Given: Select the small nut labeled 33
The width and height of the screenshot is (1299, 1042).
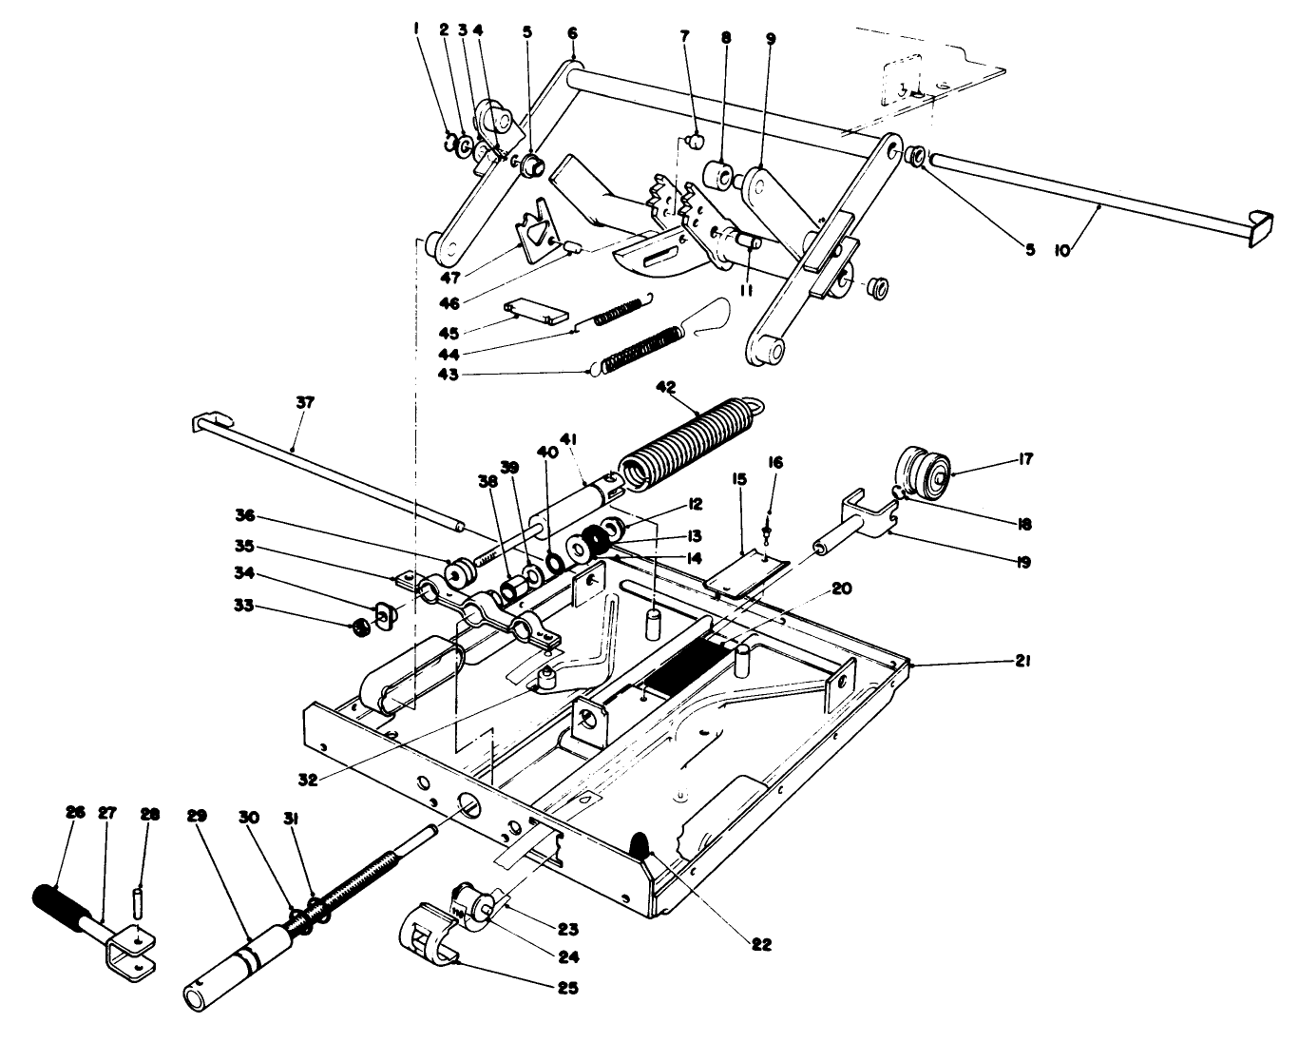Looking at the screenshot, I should pyautogui.click(x=361, y=627).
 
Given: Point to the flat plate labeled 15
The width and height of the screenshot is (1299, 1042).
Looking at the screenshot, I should pyautogui.click(x=748, y=571).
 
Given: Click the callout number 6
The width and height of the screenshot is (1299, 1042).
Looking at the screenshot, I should pyautogui.click(x=572, y=33).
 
